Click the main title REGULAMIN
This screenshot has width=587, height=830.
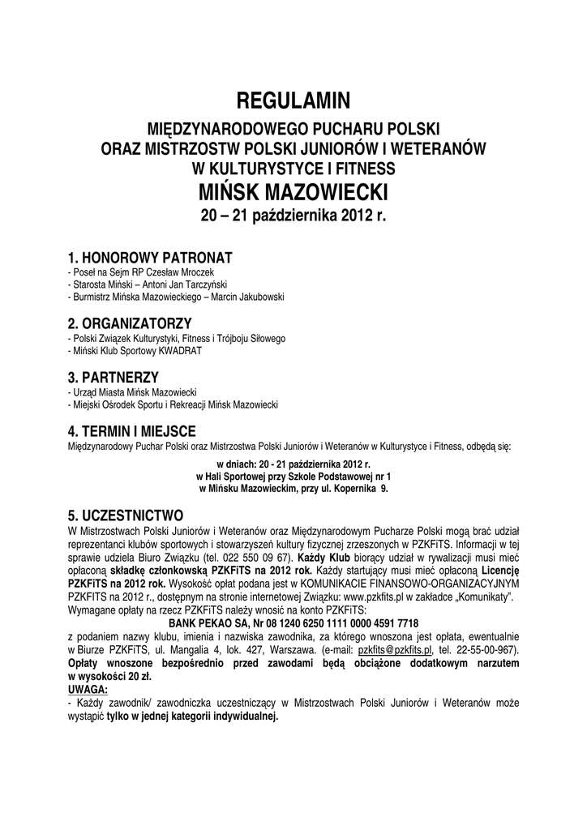click(293, 101)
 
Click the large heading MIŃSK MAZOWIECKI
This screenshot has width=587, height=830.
click(293, 194)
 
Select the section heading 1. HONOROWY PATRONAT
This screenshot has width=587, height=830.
click(150, 258)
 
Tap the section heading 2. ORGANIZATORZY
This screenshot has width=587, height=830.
click(130, 323)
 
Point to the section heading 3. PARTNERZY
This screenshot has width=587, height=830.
click(113, 377)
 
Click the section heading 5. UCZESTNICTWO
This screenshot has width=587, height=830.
click(126, 516)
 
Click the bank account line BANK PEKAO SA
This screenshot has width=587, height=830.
click(293, 623)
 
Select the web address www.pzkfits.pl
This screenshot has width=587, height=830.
click(375, 596)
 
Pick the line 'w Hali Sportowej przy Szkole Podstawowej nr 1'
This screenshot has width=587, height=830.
click(293, 477)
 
